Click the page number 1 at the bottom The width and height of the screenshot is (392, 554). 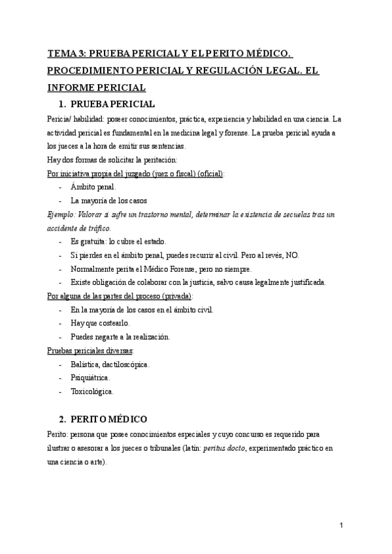[x=342, y=525]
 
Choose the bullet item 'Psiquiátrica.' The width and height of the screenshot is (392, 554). [x=90, y=378]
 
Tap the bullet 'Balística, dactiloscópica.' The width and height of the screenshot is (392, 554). [x=110, y=364]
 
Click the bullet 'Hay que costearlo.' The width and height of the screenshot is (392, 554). [x=101, y=323]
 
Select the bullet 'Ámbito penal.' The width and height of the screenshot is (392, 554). [x=93, y=187]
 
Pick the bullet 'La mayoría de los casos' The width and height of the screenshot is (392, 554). [x=109, y=201]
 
